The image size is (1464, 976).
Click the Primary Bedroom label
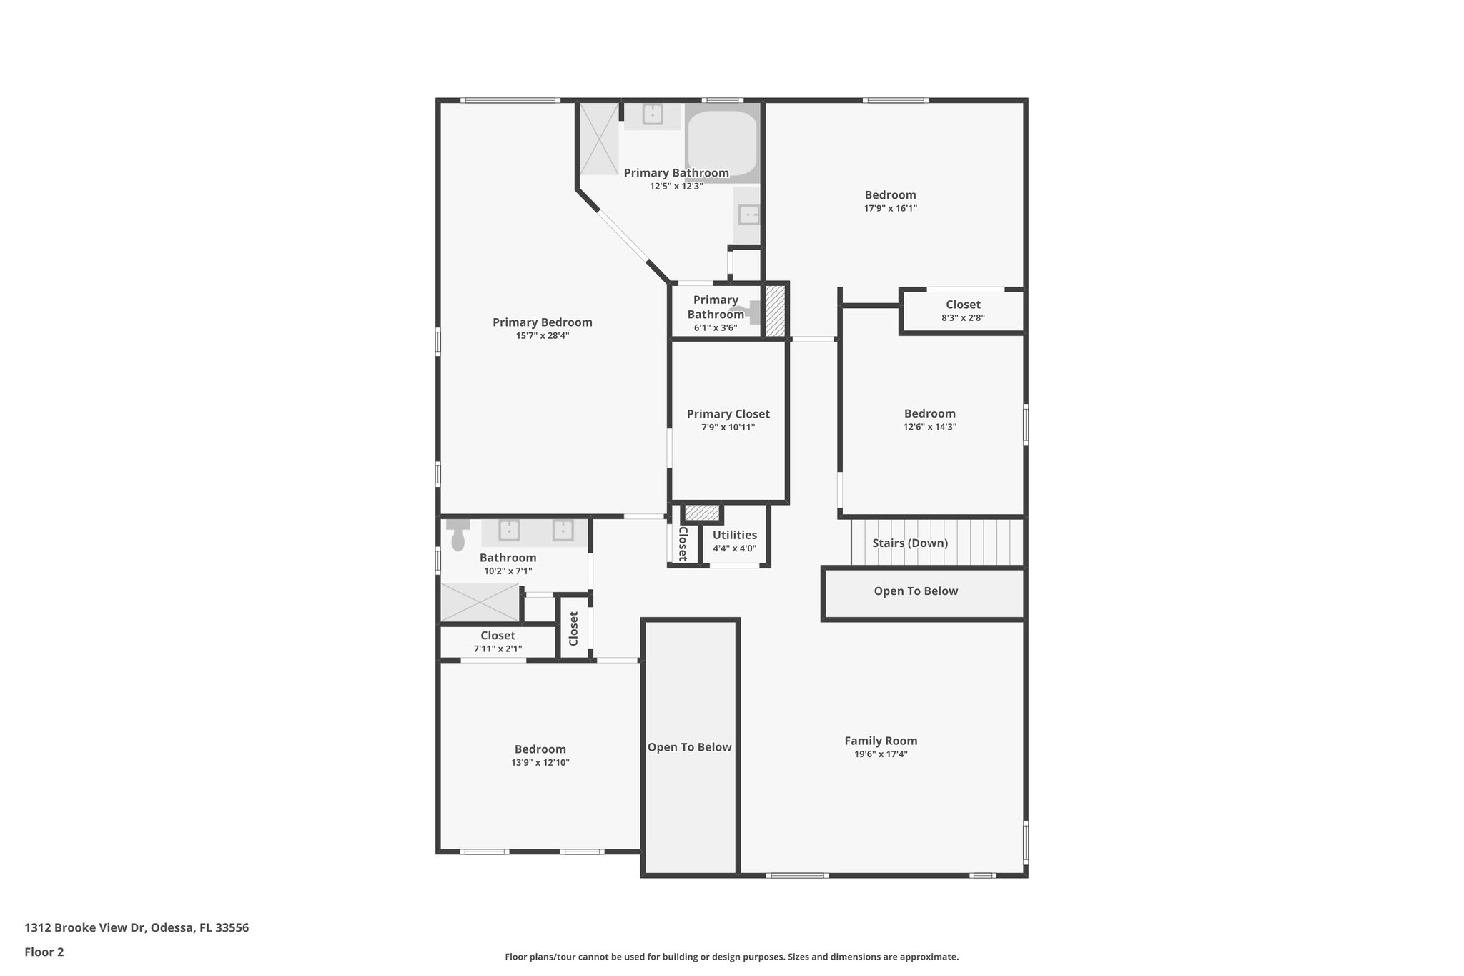point(542,322)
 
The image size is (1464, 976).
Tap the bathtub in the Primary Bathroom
point(721,143)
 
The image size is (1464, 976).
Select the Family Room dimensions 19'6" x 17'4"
point(881,754)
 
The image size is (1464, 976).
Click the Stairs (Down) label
point(909,543)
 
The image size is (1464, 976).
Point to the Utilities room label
point(734,535)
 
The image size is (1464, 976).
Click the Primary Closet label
point(728,414)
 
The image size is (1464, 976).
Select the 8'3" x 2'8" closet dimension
point(963,318)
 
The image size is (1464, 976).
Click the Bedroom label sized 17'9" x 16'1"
point(890,195)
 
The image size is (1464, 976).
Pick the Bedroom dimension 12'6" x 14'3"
point(929,427)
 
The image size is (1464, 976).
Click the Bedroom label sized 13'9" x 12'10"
point(540,749)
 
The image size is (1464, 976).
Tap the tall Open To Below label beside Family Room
point(689,747)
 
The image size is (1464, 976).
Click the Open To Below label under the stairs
point(916,591)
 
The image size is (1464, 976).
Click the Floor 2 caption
point(44,952)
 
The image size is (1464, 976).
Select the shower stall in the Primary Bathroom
point(598,139)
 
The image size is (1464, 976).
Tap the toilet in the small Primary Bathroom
point(751,312)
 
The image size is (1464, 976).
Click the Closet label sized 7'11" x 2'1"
point(498,636)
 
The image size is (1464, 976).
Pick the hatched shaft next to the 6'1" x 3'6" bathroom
point(775,310)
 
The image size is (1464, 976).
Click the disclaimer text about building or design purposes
point(731,957)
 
